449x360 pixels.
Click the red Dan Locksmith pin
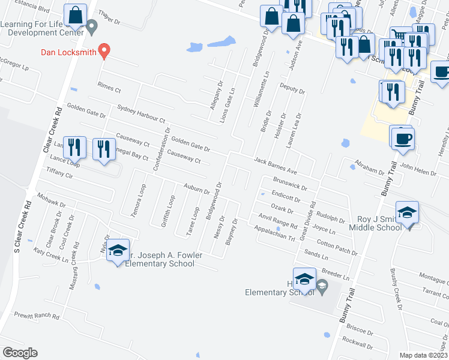click(x=104, y=51)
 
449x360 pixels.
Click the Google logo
click(x=20, y=353)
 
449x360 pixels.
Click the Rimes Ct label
click(x=109, y=88)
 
